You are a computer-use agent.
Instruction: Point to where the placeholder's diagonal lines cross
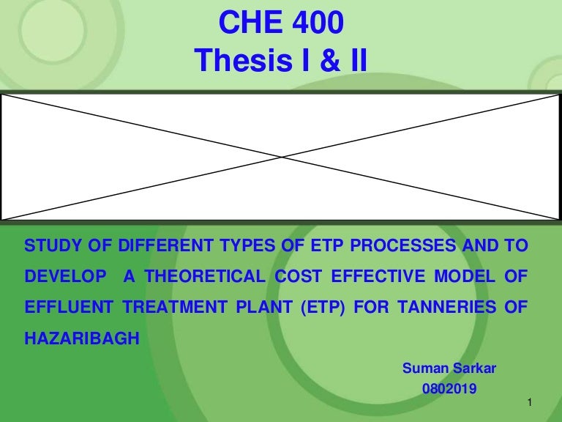click(281, 157)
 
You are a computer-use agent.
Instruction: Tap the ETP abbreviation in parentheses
click(312, 308)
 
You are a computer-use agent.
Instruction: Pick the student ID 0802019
click(449, 389)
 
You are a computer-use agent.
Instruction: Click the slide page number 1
click(528, 404)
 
